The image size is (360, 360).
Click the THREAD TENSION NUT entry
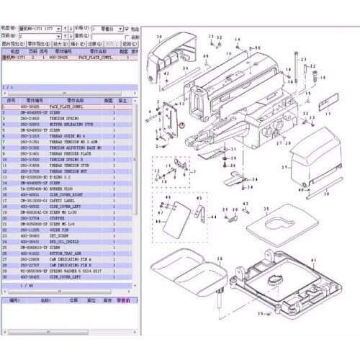click(x=72, y=170)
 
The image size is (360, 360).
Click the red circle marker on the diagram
click(x=182, y=125)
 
